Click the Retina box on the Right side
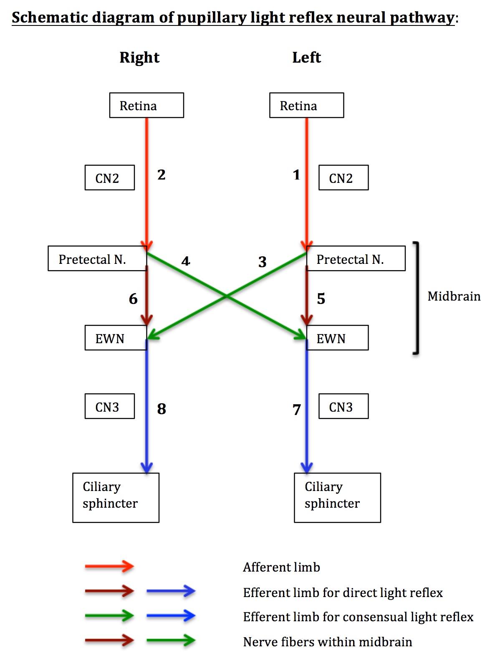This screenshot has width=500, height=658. tap(146, 105)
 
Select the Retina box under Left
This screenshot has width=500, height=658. tap(306, 105)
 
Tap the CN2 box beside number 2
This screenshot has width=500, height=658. tap(109, 178)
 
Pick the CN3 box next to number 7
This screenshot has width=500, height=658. tap(343, 406)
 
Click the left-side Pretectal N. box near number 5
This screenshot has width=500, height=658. tap(356, 259)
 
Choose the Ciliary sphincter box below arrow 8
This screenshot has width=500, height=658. tap(116, 497)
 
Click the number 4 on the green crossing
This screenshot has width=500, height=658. tap(186, 261)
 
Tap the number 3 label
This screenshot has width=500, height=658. tap(262, 262)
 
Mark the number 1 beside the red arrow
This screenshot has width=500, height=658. tap(296, 175)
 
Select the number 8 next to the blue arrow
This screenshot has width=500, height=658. tap(162, 409)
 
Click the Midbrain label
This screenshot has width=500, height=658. tap(454, 296)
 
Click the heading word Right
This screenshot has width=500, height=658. tap(139, 57)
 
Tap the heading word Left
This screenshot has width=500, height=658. tap(306, 57)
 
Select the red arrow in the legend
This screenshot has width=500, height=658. tap(109, 567)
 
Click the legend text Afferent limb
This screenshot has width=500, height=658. tap(281, 567)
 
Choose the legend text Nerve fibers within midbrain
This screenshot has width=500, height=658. tap(327, 642)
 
